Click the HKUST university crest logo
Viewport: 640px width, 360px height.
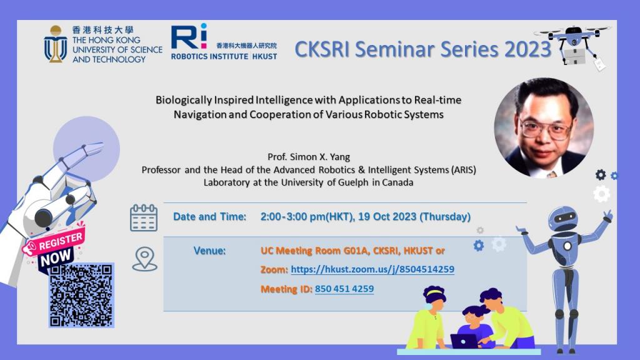point(56,44)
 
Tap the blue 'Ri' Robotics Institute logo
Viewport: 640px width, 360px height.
point(189,36)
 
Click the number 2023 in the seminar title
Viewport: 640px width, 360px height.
point(527,49)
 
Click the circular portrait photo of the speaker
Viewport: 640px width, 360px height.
point(544,127)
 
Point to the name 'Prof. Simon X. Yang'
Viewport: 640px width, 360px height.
point(309,157)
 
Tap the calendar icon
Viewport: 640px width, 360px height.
point(144,218)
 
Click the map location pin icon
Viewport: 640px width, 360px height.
point(144,259)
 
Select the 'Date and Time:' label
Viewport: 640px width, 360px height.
point(210,217)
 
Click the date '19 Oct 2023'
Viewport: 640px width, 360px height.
point(387,217)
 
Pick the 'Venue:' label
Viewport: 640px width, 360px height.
point(209,251)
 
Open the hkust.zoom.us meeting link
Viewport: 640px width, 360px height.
point(372,269)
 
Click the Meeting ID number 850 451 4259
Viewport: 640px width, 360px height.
point(344,289)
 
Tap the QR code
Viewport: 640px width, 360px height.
point(81,296)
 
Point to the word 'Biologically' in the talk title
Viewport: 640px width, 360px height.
point(184,101)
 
